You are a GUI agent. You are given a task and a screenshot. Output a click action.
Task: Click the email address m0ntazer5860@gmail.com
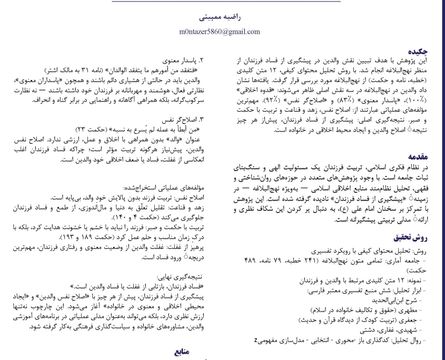pos(223,32)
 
